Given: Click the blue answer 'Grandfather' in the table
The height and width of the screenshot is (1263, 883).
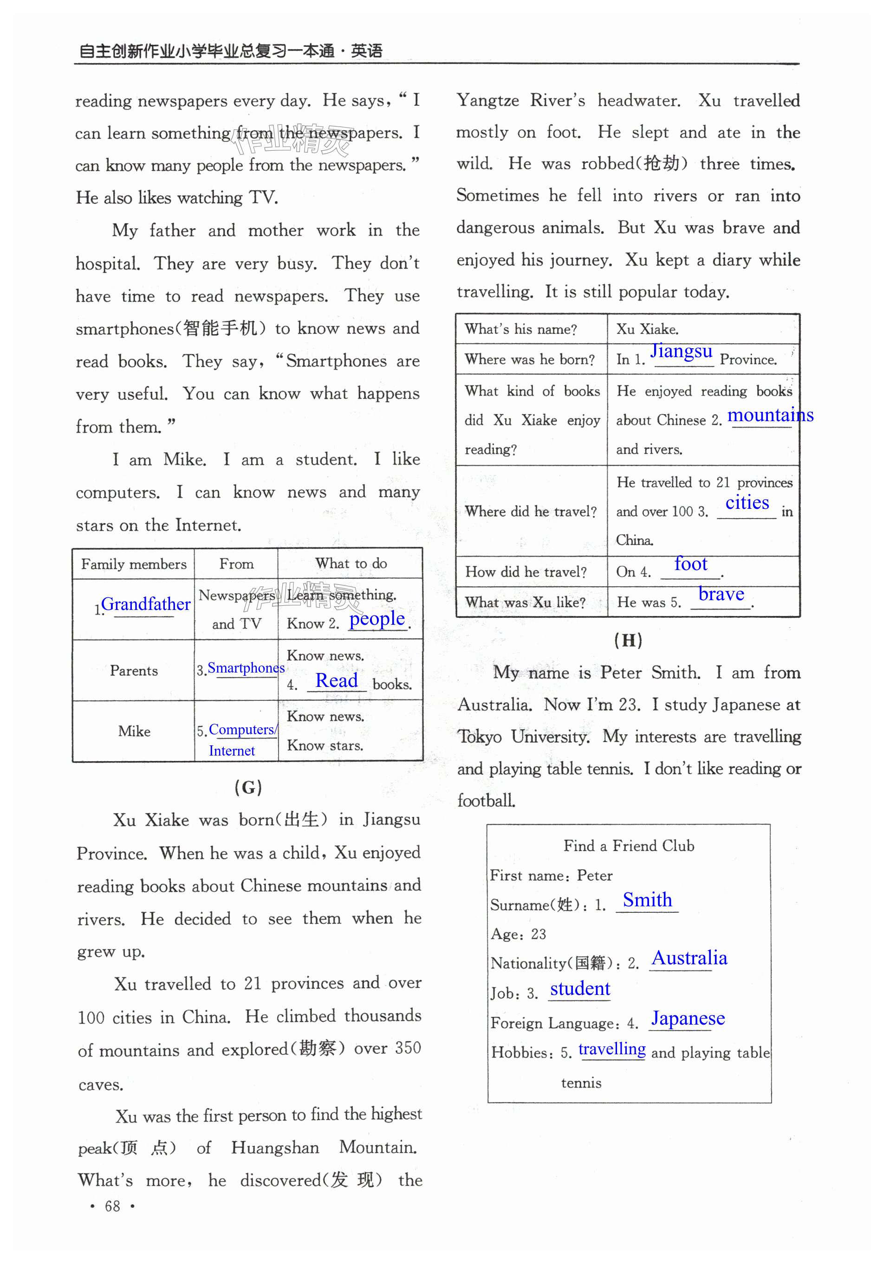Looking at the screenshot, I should [146, 604].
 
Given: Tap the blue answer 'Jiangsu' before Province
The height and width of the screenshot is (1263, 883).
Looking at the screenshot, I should [681, 351].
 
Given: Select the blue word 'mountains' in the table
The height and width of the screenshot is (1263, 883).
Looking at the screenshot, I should [770, 415].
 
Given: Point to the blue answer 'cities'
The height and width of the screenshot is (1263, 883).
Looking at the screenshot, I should [747, 502].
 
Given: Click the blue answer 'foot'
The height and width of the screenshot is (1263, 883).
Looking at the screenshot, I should [690, 564].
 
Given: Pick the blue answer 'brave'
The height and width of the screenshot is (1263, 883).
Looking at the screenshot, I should [721, 594].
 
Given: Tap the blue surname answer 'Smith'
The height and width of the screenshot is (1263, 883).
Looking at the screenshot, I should [647, 900].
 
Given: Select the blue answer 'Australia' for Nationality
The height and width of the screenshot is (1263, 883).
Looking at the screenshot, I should [689, 958].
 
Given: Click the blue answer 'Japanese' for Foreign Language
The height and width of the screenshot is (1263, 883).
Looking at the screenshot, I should [688, 1018].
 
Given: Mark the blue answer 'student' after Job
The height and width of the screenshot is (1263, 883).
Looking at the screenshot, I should [580, 988].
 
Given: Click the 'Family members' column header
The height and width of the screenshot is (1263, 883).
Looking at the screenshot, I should [134, 564].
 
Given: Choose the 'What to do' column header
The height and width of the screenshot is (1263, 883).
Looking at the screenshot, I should [351, 563].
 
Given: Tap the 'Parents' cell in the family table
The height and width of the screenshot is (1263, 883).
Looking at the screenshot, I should [134, 671].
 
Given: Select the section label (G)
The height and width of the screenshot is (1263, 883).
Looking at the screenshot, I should [248, 787].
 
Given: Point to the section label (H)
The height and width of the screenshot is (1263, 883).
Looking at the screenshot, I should [628, 640].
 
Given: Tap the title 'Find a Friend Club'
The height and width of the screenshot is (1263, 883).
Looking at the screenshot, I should [629, 846].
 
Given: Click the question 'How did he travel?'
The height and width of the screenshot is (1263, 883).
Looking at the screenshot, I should [526, 572].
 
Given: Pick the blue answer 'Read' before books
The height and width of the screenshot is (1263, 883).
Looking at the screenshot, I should [337, 681].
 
